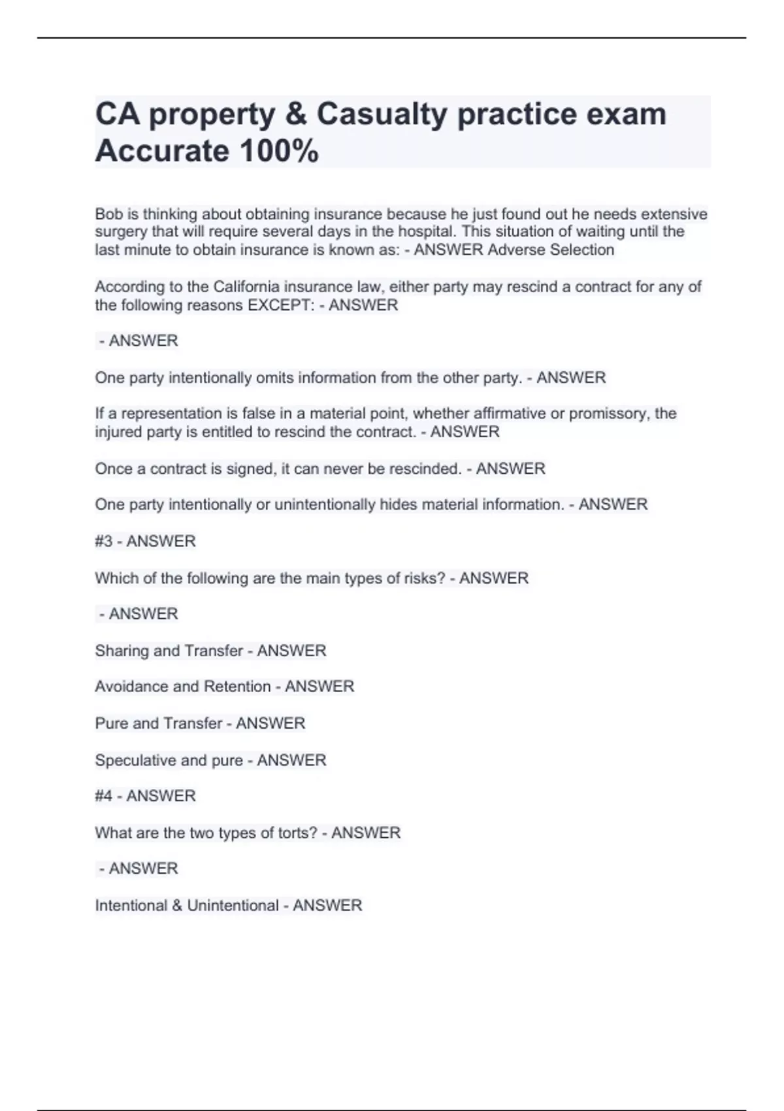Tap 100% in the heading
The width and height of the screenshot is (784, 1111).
[x=279, y=151]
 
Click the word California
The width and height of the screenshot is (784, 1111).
[x=246, y=287]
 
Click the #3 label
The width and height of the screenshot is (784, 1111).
[x=104, y=541]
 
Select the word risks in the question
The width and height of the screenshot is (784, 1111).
[x=425, y=578]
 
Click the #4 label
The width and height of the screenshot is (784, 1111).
[x=104, y=796]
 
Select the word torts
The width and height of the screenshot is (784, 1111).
[x=299, y=833]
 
